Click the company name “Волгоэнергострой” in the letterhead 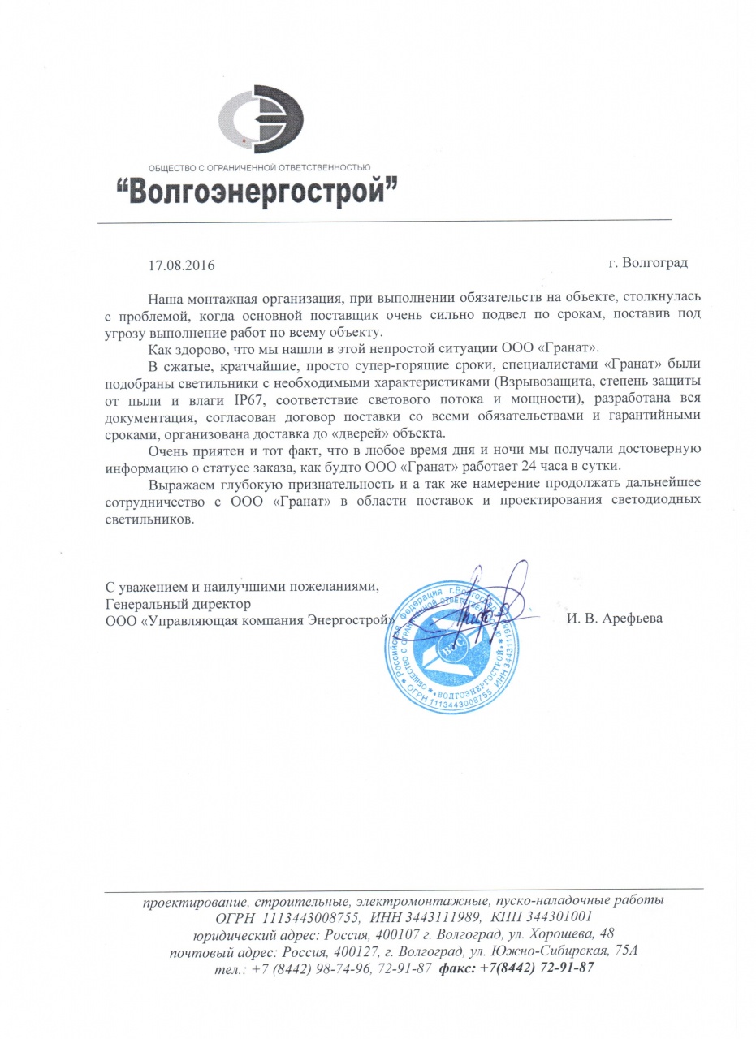click(259, 192)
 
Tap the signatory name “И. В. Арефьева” click(615, 619)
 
